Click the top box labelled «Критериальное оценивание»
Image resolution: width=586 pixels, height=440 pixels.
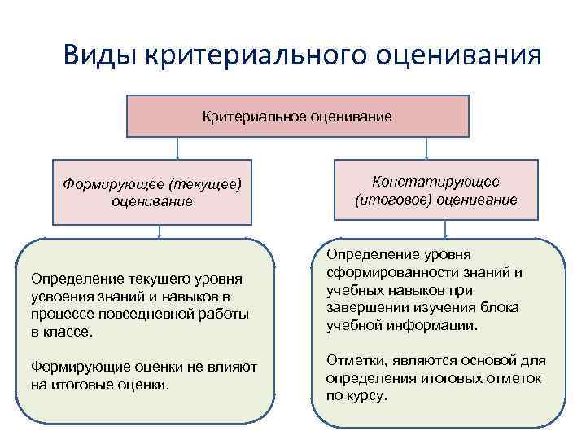click(297, 117)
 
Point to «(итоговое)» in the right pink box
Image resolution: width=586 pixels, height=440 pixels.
click(392, 198)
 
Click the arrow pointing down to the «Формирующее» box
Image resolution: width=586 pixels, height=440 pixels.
click(177, 148)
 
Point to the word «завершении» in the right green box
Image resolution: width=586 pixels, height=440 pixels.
click(363, 307)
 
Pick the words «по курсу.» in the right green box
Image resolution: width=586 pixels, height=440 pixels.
click(356, 396)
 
